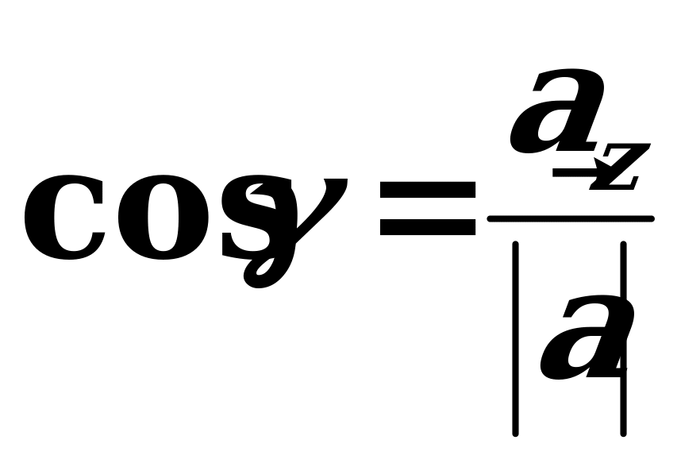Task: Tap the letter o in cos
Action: tap(163, 218)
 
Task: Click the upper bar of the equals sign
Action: tap(428, 190)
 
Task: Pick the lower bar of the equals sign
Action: tap(428, 227)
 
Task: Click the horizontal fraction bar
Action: tap(571, 218)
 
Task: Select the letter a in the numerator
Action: tap(557, 111)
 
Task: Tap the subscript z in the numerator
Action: tap(621, 167)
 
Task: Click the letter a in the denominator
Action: tap(587, 338)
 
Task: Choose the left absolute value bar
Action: tap(516, 338)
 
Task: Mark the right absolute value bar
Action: tap(624, 338)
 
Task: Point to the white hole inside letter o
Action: tap(163, 218)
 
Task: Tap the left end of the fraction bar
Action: tap(490, 218)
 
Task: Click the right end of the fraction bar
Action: tap(652, 218)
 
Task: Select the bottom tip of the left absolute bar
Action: tap(516, 434)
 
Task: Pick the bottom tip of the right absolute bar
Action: tap(624, 434)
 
